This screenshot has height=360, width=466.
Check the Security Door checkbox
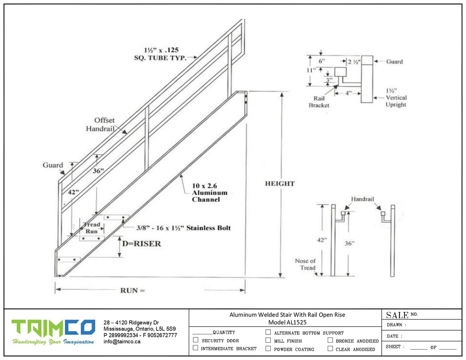196,340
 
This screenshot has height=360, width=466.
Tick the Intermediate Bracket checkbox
196,348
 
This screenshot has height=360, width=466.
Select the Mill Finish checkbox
268,340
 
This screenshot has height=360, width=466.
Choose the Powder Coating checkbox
268,348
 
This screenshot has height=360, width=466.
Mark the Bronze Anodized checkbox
330,340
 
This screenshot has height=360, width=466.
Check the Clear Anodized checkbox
330,348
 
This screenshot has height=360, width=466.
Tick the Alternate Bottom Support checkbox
268,333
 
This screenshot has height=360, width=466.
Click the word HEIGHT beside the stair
280,183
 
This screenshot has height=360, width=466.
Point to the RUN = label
132,290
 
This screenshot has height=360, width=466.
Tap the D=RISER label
142,244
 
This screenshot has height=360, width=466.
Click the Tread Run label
91,228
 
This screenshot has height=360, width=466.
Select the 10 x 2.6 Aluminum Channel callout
209,192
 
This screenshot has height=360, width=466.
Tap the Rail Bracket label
319,102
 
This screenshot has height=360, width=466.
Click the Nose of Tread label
305,264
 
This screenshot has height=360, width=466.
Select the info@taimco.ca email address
122,341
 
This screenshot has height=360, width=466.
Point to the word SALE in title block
397,315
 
